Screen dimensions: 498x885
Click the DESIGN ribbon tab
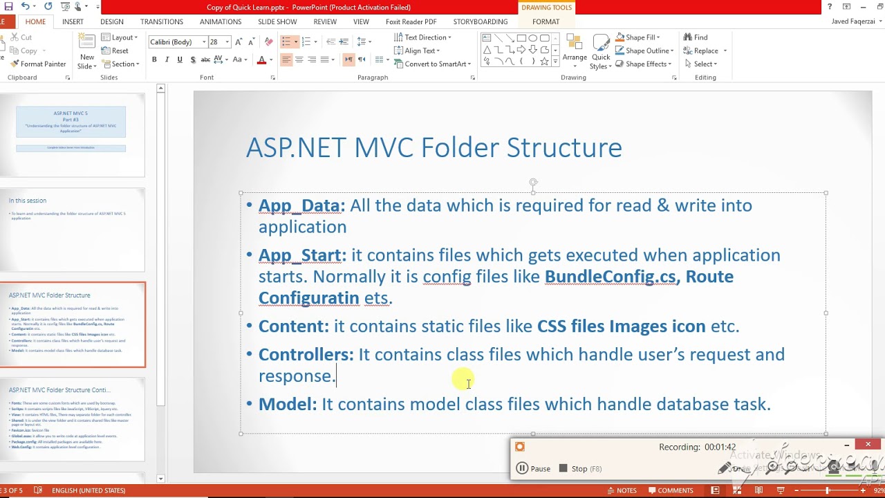pos(111,21)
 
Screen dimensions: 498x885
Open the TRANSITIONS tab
pos(161,21)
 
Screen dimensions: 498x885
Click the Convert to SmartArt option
pos(433,64)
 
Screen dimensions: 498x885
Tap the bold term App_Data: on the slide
pos(301,205)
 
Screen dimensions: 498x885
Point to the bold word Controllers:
pos(306,355)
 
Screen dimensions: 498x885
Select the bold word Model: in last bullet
pos(288,404)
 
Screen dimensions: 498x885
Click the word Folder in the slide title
pos(460,148)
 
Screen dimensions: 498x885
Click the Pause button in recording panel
pos(533,468)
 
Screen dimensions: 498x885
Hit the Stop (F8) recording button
pos(580,468)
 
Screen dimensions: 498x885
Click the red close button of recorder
pos(868,444)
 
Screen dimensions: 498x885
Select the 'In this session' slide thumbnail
pos(73,230)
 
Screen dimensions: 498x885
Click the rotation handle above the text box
pos(533,183)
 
